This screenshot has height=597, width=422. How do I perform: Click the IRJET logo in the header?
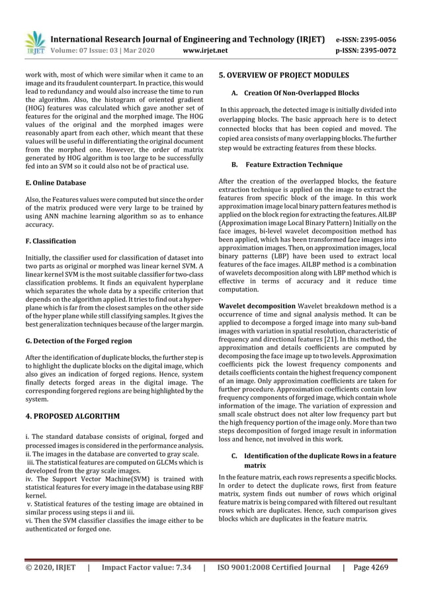[34, 43]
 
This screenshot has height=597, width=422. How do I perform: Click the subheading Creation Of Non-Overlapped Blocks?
[302, 94]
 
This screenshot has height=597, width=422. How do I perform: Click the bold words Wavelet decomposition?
[256, 305]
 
